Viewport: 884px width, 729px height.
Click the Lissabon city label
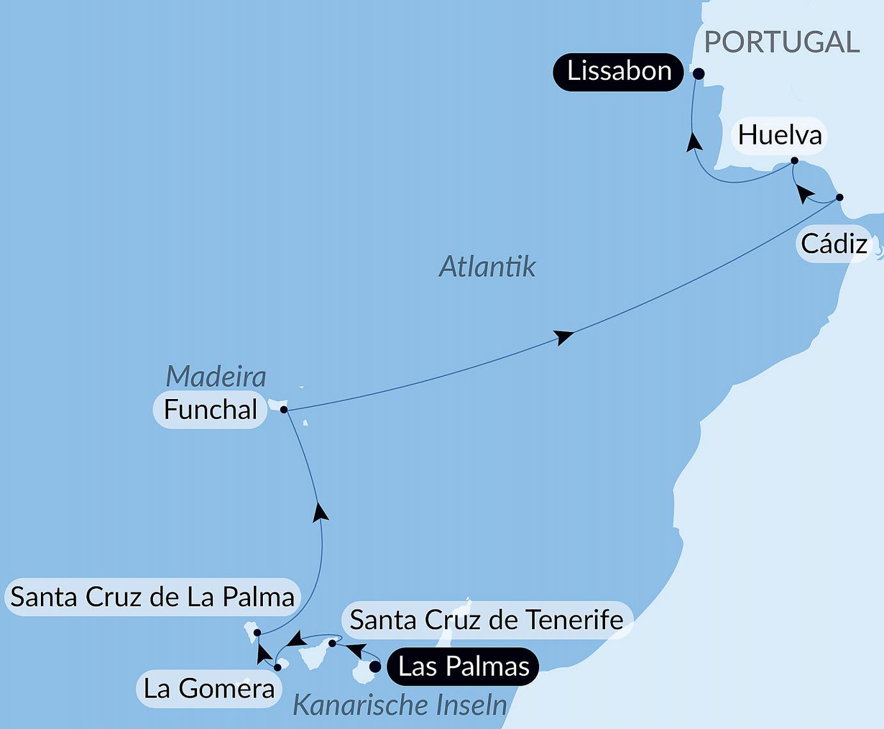[619, 72]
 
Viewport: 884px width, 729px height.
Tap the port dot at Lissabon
[699, 74]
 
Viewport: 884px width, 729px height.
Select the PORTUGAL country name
[782, 43]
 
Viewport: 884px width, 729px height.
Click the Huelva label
[779, 135]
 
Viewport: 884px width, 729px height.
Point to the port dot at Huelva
[794, 161]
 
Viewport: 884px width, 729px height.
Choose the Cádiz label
[834, 244]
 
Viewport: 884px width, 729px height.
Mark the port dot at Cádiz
[840, 197]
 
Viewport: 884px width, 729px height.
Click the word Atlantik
[487, 266]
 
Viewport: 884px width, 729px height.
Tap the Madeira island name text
[216, 376]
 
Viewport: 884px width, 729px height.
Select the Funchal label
[210, 410]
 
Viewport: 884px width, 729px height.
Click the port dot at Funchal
[284, 409]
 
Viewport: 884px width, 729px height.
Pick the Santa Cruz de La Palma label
[152, 597]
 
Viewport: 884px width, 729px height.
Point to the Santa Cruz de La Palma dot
[257, 632]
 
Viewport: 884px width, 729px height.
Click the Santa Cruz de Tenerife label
[486, 620]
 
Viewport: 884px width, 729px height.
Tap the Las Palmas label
[464, 667]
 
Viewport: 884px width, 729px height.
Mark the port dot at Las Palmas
[375, 666]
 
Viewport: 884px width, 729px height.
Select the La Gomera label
[209, 689]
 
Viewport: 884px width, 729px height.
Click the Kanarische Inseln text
[400, 705]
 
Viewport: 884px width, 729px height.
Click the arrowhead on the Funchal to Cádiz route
[563, 336]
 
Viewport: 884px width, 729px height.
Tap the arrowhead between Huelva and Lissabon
[693, 141]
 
